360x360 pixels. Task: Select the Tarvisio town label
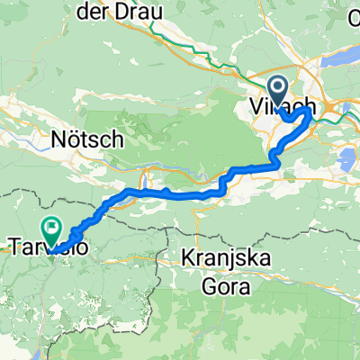pos(49,245)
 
